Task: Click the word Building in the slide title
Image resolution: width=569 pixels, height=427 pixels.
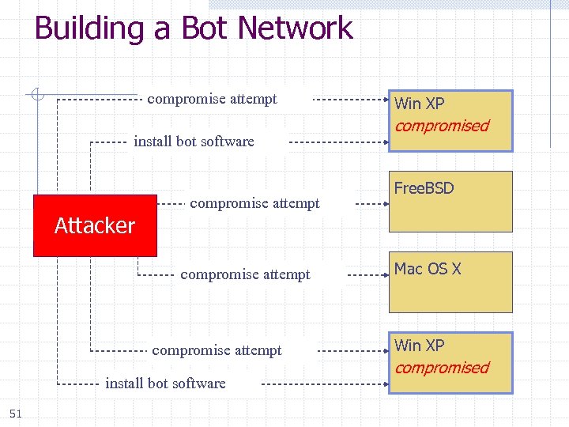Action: coord(88,28)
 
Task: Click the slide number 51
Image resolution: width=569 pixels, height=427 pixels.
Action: coord(15,413)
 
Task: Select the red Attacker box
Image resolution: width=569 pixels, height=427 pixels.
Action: coord(95,225)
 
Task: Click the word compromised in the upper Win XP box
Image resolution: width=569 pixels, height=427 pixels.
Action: coord(442,126)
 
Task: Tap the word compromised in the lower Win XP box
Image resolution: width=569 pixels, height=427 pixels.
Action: coord(442,368)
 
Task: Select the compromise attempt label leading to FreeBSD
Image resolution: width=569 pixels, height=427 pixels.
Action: coord(254,203)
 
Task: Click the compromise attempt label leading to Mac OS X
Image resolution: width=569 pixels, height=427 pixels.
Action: coord(245,274)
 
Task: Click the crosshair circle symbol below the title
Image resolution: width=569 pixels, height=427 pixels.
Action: coord(35,96)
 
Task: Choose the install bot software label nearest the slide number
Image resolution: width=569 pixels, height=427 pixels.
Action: coord(165,384)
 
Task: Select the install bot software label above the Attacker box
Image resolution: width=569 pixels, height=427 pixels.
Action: coord(194,142)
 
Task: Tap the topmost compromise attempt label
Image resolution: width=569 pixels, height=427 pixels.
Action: coord(212,99)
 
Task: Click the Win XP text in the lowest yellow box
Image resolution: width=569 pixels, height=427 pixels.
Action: coord(419,346)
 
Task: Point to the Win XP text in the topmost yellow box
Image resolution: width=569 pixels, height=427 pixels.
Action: coord(419,104)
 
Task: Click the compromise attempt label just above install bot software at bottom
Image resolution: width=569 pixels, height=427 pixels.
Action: coord(217,350)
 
